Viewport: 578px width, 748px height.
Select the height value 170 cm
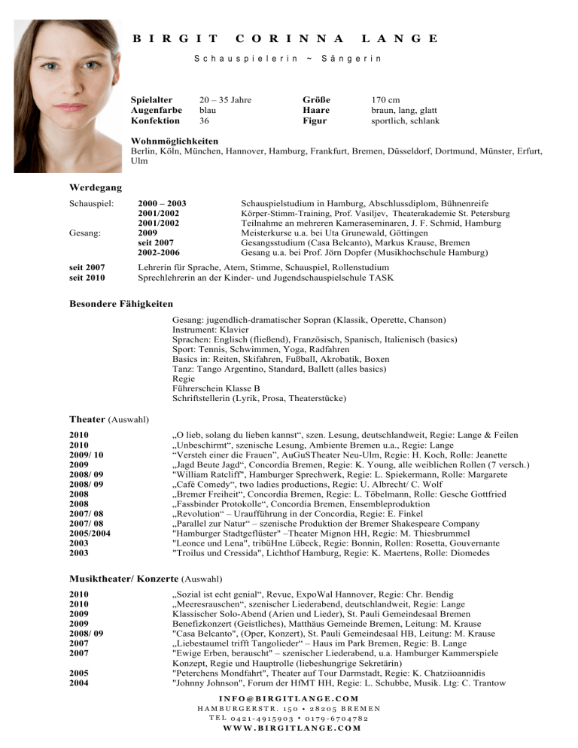coord(385,99)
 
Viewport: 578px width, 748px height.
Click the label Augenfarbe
coord(157,110)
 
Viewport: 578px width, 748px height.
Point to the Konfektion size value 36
coord(205,120)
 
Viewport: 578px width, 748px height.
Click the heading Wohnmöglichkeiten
coord(175,141)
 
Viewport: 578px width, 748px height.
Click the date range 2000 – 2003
coord(162,204)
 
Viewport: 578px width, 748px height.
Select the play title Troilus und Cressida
coord(237,532)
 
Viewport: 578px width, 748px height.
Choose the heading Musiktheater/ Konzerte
coord(123,558)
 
